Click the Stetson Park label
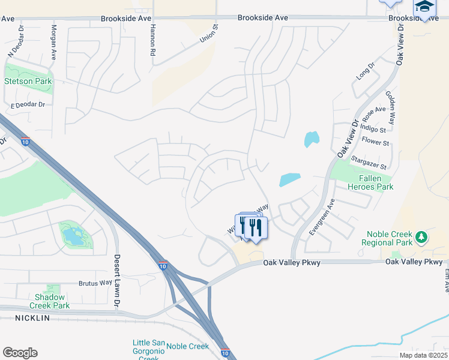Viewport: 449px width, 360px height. click(x=28, y=81)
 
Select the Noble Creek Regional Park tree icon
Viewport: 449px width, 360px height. click(x=421, y=237)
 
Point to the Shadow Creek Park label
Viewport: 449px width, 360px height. click(x=53, y=301)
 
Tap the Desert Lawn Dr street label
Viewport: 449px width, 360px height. click(x=118, y=274)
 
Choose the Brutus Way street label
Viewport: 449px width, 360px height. click(x=95, y=283)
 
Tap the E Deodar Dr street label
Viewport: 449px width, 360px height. click(x=28, y=104)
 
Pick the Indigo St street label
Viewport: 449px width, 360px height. click(x=374, y=129)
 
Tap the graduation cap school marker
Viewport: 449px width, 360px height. click(x=424, y=8)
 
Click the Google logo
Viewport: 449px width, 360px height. click(x=20, y=353)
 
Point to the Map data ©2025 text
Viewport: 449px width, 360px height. click(x=423, y=355)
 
